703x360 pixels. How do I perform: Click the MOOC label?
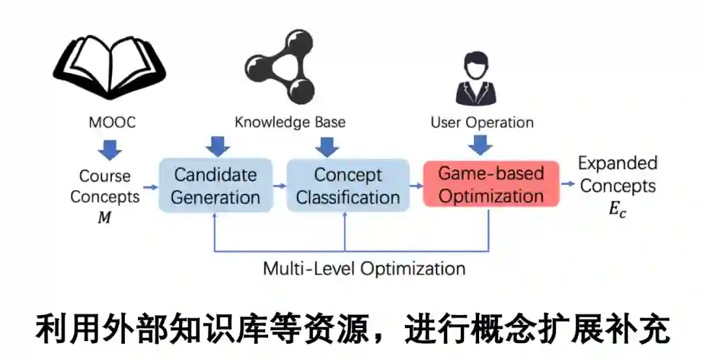[x=112, y=122]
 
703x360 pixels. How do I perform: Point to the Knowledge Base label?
[x=290, y=122]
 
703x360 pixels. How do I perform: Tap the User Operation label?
[x=482, y=122]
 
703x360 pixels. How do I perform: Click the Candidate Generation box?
[x=215, y=186]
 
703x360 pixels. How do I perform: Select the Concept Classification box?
[x=348, y=186]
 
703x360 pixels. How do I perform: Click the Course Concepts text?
[x=105, y=186]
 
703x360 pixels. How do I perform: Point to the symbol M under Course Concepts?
[x=104, y=218]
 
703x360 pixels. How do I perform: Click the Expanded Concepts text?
[x=618, y=174]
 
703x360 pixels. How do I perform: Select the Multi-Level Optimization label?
[x=364, y=268]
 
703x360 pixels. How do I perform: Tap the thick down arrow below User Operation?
[x=480, y=145]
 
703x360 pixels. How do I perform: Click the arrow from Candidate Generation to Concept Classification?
[x=279, y=186]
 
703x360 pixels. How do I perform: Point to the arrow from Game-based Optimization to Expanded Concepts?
[x=568, y=184]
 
